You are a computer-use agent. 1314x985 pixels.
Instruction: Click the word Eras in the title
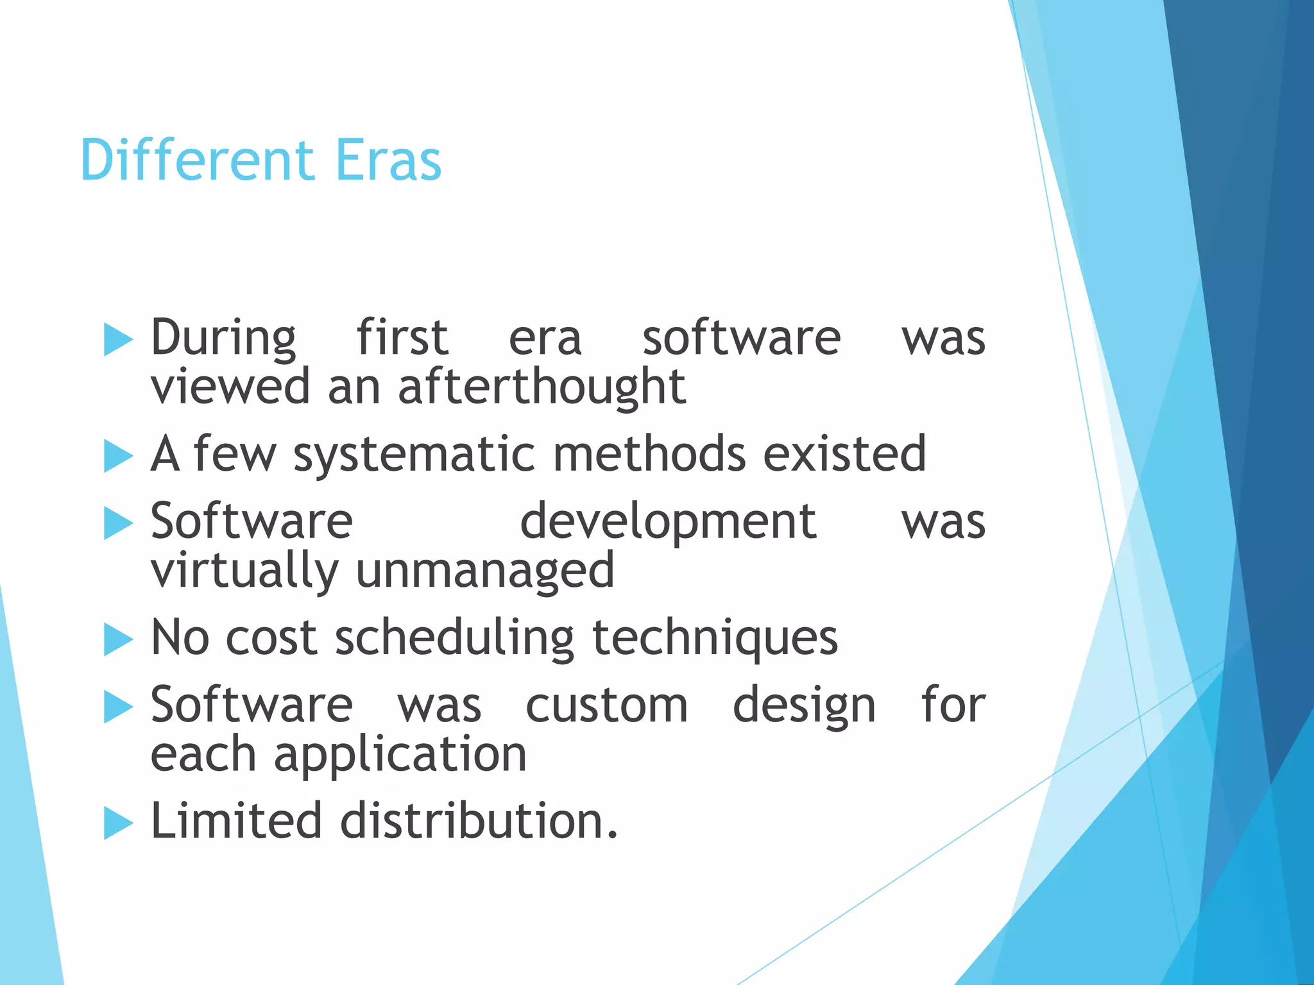pyautogui.click(x=388, y=160)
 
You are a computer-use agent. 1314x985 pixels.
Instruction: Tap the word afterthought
pyautogui.click(x=542, y=387)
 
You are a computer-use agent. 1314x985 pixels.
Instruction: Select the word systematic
pyautogui.click(x=414, y=455)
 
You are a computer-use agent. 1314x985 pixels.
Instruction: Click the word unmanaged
pyautogui.click(x=484, y=571)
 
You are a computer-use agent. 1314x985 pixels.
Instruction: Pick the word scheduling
pyautogui.click(x=454, y=639)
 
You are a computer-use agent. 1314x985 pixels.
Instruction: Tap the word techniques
pyautogui.click(x=715, y=639)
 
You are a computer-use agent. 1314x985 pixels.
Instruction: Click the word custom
pyautogui.click(x=606, y=705)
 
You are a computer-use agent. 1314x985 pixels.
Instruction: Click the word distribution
pyautogui.click(x=479, y=821)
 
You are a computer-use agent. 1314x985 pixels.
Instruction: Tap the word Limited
pyautogui.click(x=235, y=821)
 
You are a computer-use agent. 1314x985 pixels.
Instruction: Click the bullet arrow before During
pyautogui.click(x=117, y=339)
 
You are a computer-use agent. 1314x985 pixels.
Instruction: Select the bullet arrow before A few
pyautogui.click(x=117, y=456)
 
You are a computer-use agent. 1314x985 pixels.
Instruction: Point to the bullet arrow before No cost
pyautogui.click(x=117, y=639)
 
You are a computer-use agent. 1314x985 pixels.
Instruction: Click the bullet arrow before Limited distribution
pyautogui.click(x=117, y=823)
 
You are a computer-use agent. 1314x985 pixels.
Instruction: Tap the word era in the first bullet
pyautogui.click(x=545, y=339)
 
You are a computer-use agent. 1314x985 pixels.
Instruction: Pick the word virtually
pyautogui.click(x=244, y=571)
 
